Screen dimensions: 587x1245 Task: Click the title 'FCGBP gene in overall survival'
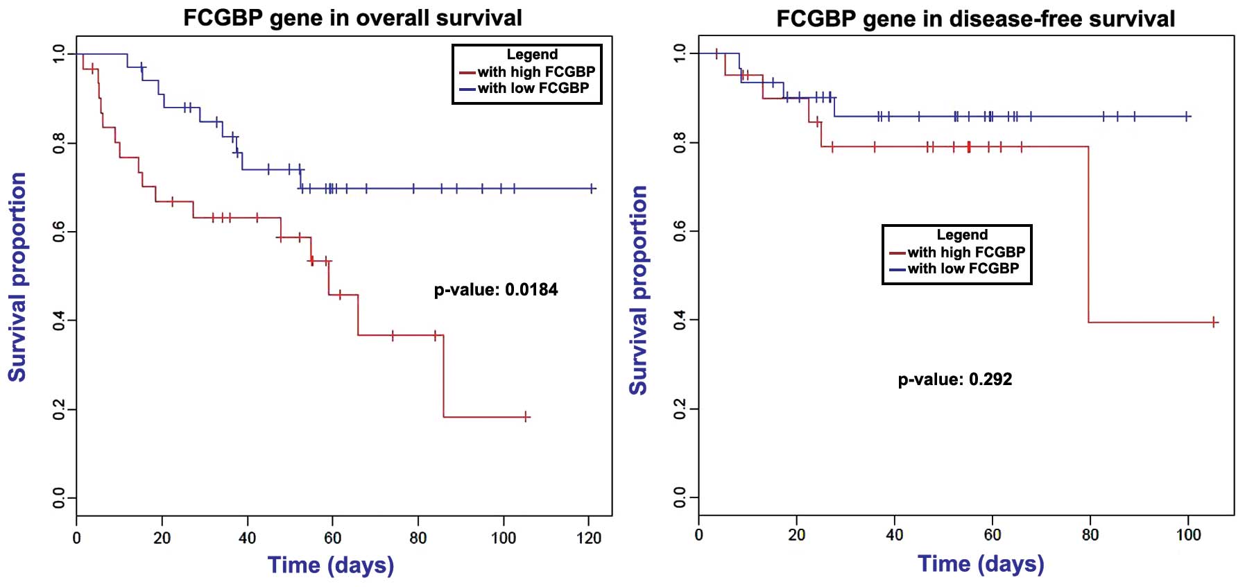352,18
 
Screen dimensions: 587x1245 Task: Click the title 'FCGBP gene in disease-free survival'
975,19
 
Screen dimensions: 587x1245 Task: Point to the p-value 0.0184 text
496,289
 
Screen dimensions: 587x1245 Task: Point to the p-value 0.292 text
955,379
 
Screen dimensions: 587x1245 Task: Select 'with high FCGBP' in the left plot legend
535,71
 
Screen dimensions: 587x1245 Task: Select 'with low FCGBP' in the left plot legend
533,88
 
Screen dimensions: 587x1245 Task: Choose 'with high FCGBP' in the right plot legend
965,252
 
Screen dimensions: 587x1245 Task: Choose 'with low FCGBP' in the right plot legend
963,269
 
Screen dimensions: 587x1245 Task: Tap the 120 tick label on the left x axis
589,538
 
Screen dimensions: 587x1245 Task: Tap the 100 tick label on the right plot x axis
1188,535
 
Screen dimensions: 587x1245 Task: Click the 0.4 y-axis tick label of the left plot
59,321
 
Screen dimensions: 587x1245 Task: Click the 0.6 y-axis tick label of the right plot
680,231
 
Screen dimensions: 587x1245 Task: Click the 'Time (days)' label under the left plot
331,565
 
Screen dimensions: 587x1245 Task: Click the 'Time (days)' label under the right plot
981,563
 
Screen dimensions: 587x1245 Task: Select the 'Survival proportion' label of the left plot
17,277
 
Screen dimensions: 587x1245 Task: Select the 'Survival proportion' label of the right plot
638,290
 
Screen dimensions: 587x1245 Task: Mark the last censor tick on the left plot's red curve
526,416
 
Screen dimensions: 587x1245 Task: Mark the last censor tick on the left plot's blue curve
592,188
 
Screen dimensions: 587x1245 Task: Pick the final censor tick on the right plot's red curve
1214,322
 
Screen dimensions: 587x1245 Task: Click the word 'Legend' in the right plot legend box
962,235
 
